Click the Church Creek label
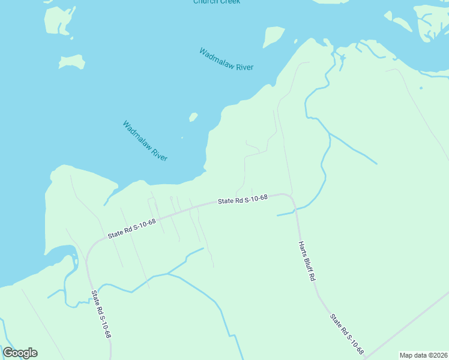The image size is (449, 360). [217, 2]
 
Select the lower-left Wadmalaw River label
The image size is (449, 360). [145, 141]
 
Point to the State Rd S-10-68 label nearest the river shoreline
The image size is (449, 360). [243, 200]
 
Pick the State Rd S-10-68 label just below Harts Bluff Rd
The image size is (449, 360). [347, 333]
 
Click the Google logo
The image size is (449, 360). [20, 353]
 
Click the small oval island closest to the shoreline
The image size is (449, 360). [193, 117]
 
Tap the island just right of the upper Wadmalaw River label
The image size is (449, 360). [274, 36]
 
